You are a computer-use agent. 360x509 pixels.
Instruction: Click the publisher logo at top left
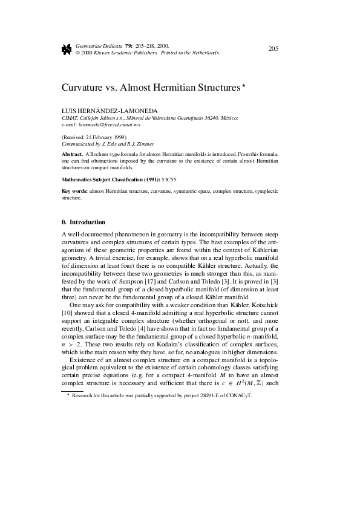coord(67,49)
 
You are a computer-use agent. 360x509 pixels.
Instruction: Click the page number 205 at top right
coord(272,48)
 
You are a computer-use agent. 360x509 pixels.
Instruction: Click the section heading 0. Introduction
coord(83,222)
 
